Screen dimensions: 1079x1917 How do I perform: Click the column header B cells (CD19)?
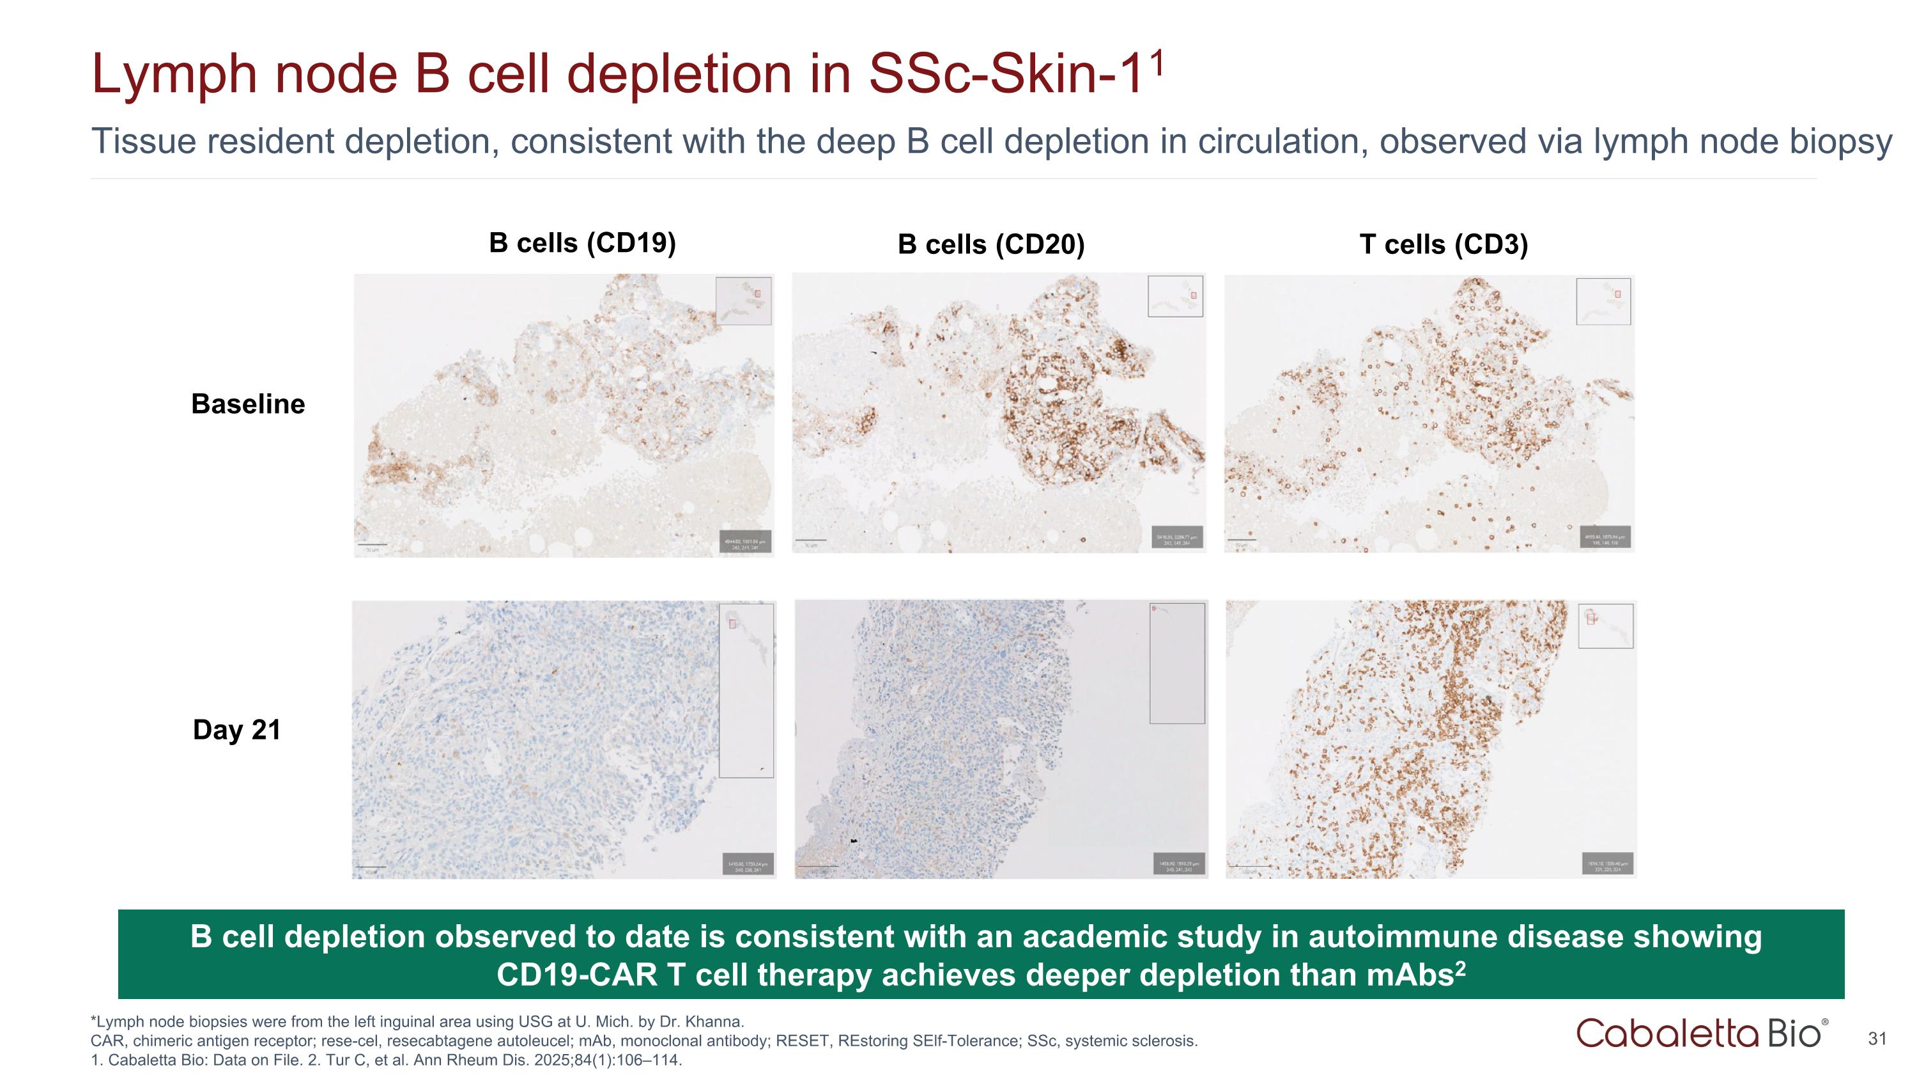(582, 243)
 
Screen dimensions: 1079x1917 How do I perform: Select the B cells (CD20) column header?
(990, 244)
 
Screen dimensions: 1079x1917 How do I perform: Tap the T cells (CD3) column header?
(1443, 244)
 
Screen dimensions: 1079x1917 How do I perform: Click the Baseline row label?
(248, 404)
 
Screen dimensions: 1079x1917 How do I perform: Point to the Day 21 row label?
(236, 730)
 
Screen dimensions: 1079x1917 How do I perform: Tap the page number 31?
(1877, 1039)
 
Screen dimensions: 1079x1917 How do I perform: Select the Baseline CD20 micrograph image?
(998, 413)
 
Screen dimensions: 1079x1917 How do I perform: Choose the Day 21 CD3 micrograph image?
(1429, 739)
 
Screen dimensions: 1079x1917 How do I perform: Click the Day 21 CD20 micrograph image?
(1001, 739)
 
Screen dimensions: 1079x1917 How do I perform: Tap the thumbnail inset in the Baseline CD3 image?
(1603, 302)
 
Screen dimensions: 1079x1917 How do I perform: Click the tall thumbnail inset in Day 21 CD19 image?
(746, 690)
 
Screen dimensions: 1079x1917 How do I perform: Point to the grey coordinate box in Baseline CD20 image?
(1176, 539)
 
